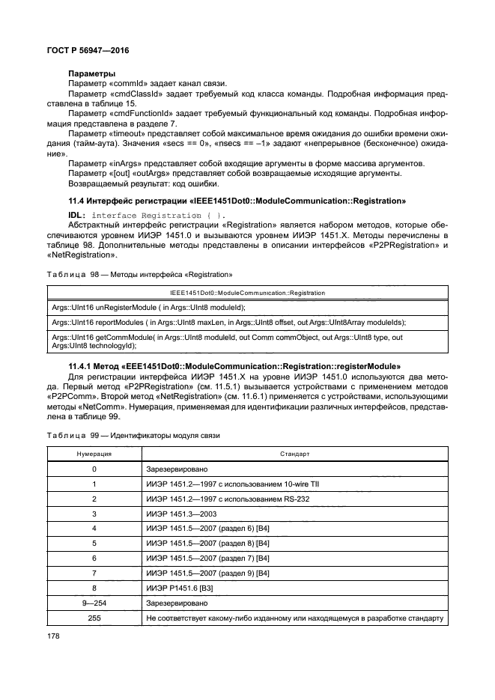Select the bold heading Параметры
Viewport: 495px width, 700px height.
click(x=91, y=73)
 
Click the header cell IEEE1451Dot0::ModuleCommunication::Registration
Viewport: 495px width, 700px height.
click(x=247, y=293)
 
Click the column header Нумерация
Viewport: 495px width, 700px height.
click(x=94, y=454)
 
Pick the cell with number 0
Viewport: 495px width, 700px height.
click(x=94, y=469)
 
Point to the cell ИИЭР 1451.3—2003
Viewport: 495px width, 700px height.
click(x=181, y=514)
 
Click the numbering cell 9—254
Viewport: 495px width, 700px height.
click(x=94, y=603)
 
